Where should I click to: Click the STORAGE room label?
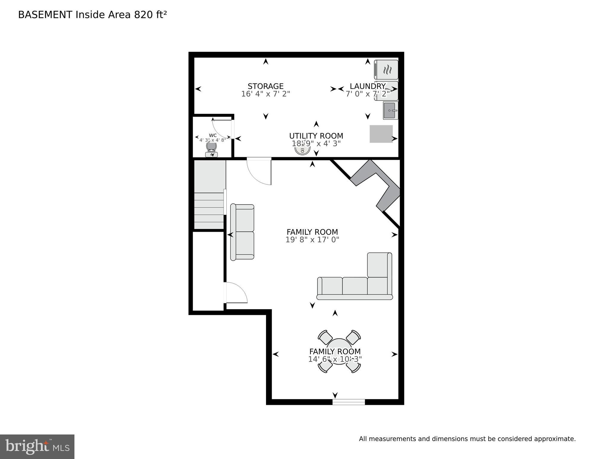[265, 86]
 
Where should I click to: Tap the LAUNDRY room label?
[367, 86]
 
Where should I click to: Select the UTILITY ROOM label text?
[316, 136]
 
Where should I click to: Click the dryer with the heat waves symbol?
[386, 69]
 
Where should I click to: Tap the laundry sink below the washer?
[390, 110]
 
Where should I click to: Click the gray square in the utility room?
[381, 134]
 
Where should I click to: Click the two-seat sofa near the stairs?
[242, 232]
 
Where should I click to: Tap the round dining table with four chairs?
[339, 351]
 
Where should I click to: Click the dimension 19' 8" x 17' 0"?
[312, 240]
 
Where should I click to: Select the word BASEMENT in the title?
[45, 15]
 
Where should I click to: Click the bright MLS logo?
[37, 446]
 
